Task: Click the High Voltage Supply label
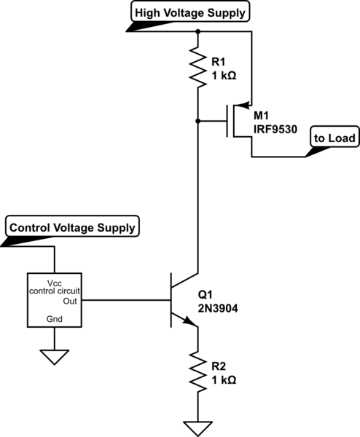point(190,12)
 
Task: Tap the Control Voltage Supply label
point(72,227)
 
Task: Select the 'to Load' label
point(334,138)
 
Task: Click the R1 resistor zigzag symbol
point(197,67)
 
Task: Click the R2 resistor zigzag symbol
point(197,372)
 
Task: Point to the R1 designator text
point(219,62)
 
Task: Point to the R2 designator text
point(219,366)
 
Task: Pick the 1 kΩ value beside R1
point(224,76)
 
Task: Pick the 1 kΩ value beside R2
point(224,380)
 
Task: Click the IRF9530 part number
point(275,130)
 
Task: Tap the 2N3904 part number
point(218,308)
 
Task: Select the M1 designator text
point(261,115)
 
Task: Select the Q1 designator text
point(206,294)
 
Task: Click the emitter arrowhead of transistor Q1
point(190,321)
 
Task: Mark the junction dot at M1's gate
point(197,121)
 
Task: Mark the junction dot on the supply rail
point(197,31)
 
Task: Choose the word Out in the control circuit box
point(70,302)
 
